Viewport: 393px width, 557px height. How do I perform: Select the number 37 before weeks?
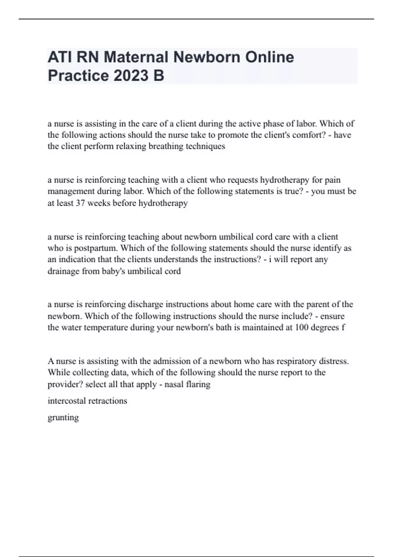coord(80,203)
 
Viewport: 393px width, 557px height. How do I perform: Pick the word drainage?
coord(63,271)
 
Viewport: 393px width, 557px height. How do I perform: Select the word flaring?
coord(198,384)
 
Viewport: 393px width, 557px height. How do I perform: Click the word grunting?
coord(63,418)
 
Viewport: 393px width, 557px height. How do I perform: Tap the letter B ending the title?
coord(158,76)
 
